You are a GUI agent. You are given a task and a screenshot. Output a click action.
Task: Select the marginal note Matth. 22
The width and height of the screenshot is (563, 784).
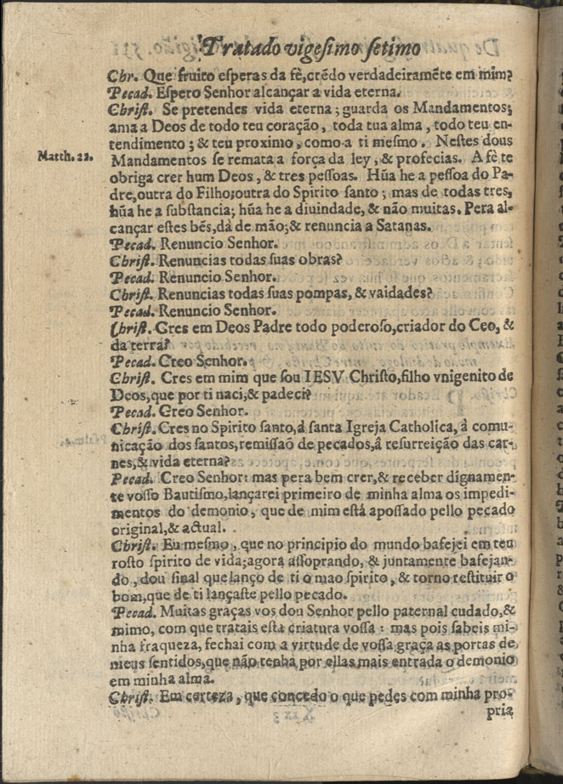click(x=58, y=156)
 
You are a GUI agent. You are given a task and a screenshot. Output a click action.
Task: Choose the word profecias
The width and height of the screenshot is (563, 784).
click(x=431, y=158)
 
